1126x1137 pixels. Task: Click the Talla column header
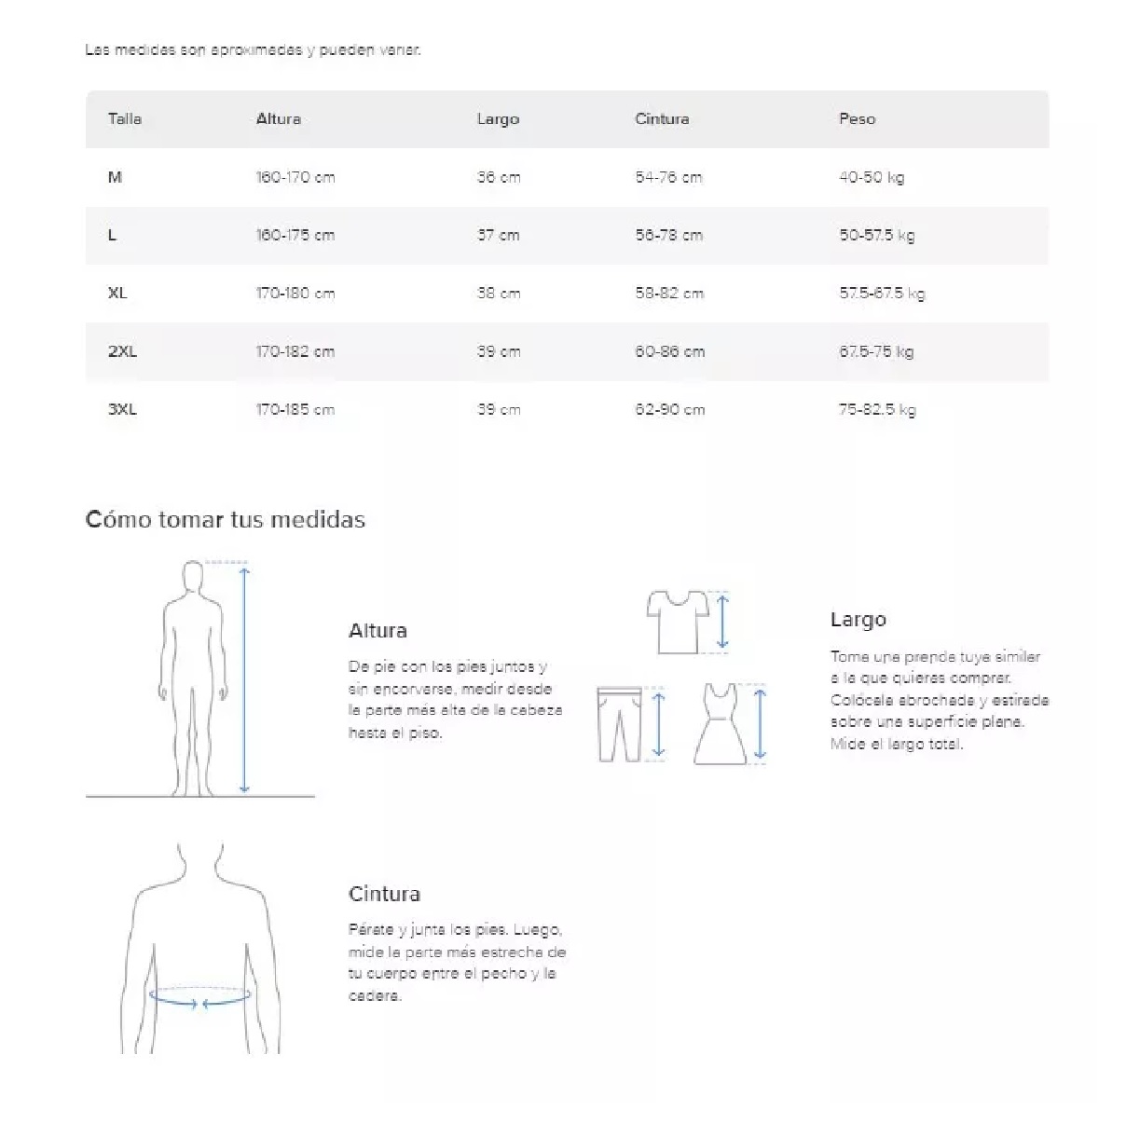125,119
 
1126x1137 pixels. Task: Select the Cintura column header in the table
662,119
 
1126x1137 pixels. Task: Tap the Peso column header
857,119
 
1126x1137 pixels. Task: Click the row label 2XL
122,351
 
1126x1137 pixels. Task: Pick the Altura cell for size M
295,177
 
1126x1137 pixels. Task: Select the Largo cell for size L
499,235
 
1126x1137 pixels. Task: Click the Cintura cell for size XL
669,294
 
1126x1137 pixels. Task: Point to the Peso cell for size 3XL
877,410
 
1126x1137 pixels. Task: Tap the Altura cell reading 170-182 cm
295,351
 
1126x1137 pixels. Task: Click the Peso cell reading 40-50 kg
872,177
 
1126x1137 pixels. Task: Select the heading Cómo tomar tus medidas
226,520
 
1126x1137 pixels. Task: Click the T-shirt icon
678,621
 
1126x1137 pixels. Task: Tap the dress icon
720,724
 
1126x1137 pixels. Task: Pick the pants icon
619,724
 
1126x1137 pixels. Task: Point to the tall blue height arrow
244,680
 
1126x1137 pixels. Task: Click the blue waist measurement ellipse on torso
200,997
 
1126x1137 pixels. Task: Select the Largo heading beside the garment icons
858,620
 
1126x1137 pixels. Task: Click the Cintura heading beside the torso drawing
384,895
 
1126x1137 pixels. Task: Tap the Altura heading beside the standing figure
378,631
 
